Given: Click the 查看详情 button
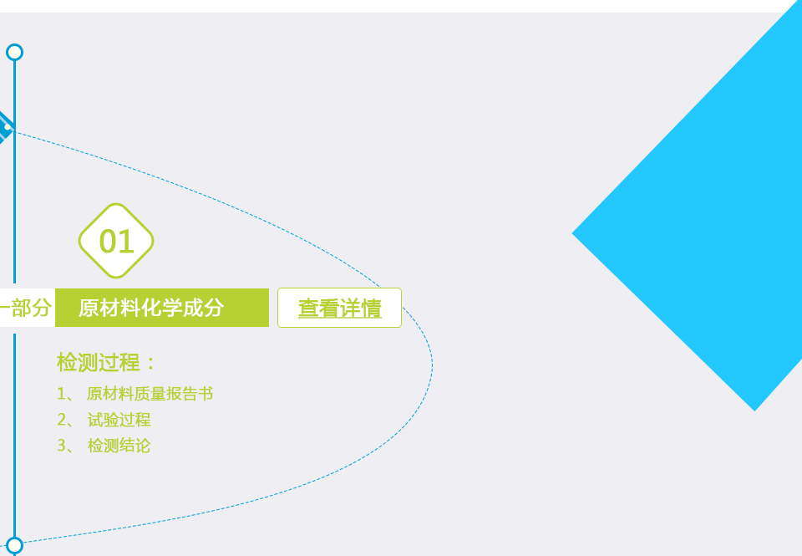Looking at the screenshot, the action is (340, 308).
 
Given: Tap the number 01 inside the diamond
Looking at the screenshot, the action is (117, 241).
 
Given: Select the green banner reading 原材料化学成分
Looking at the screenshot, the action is (161, 308).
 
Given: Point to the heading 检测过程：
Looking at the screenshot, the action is (106, 363).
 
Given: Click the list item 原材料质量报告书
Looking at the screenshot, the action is (150, 394).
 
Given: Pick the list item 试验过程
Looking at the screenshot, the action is (119, 420).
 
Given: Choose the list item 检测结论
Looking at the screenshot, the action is (119, 446).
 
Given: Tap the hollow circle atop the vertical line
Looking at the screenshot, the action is (15, 52).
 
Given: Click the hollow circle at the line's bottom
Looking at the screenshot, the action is (15, 545).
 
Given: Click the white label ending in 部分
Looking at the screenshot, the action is (27, 308).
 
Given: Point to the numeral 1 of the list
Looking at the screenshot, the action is (61, 394).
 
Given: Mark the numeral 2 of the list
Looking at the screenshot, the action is (62, 420).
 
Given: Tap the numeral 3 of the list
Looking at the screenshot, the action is (62, 446).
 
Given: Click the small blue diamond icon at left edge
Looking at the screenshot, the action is (5, 127).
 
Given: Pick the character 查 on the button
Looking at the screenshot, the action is (308, 309).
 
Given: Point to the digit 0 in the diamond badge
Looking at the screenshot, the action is (108, 241).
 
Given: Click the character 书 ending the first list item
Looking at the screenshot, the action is (206, 394).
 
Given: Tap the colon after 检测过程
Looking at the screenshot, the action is (150, 364).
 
